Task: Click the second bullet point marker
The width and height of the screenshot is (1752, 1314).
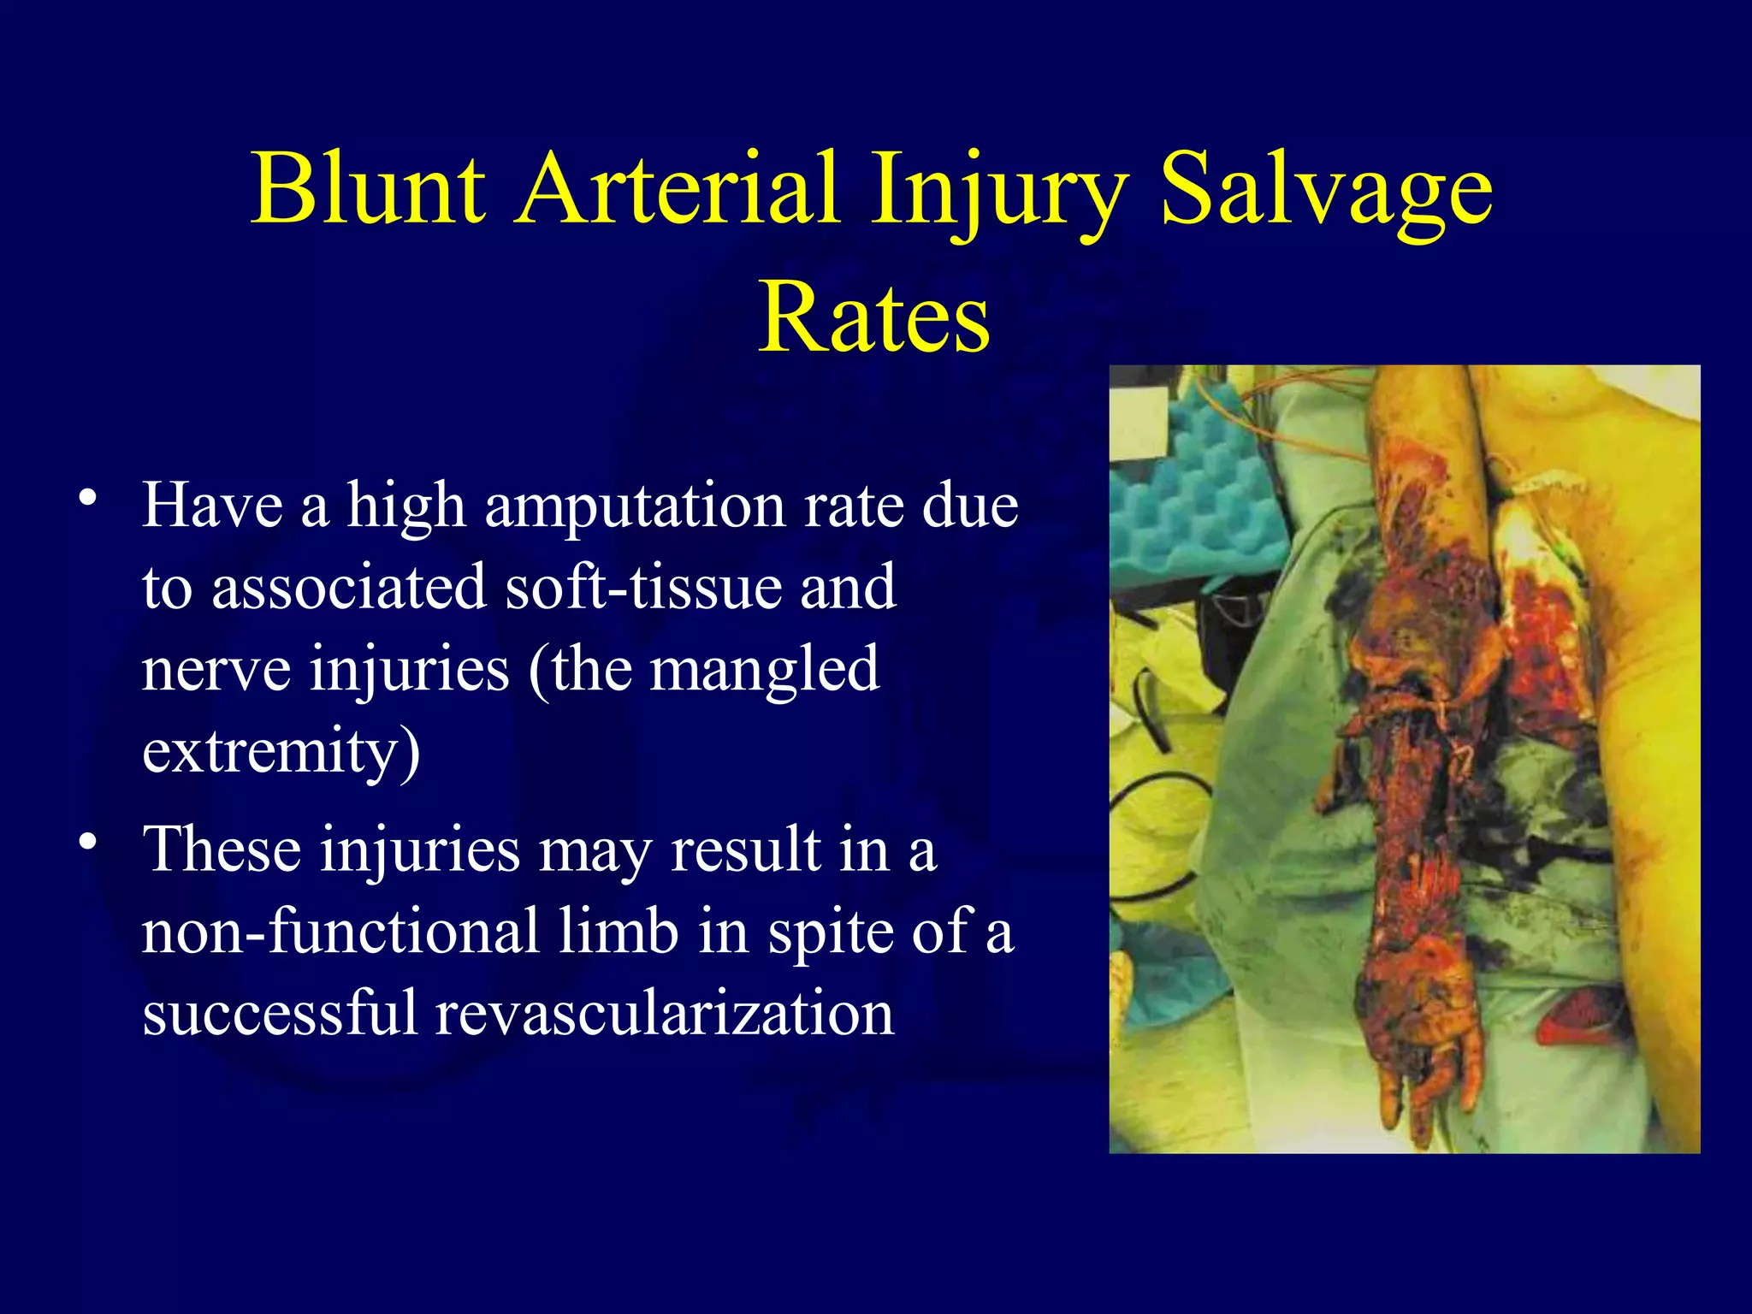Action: pos(86,843)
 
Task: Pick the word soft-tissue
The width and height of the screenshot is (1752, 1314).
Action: pos(642,589)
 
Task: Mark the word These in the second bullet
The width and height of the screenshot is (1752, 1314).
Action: pos(222,850)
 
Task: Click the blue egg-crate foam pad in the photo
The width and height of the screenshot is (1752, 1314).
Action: pos(1198,496)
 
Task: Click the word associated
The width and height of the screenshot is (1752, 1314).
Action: pos(348,589)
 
